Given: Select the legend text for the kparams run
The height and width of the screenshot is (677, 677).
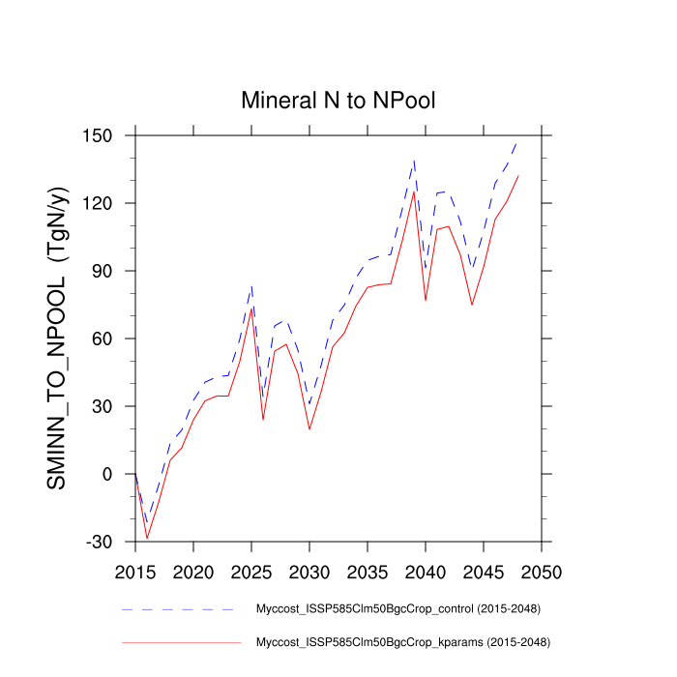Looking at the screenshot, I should pyautogui.click(x=403, y=641).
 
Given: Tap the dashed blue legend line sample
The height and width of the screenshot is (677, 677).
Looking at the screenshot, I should pyautogui.click(x=179, y=609).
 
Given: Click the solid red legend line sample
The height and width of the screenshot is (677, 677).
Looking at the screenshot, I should pyautogui.click(x=179, y=641).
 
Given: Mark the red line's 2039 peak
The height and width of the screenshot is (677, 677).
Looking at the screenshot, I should pyautogui.click(x=414, y=191).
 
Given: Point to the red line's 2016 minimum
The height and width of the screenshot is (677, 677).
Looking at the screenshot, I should pyautogui.click(x=147, y=538).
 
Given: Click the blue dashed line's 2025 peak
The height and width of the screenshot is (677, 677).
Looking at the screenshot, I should pyautogui.click(x=251, y=286).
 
